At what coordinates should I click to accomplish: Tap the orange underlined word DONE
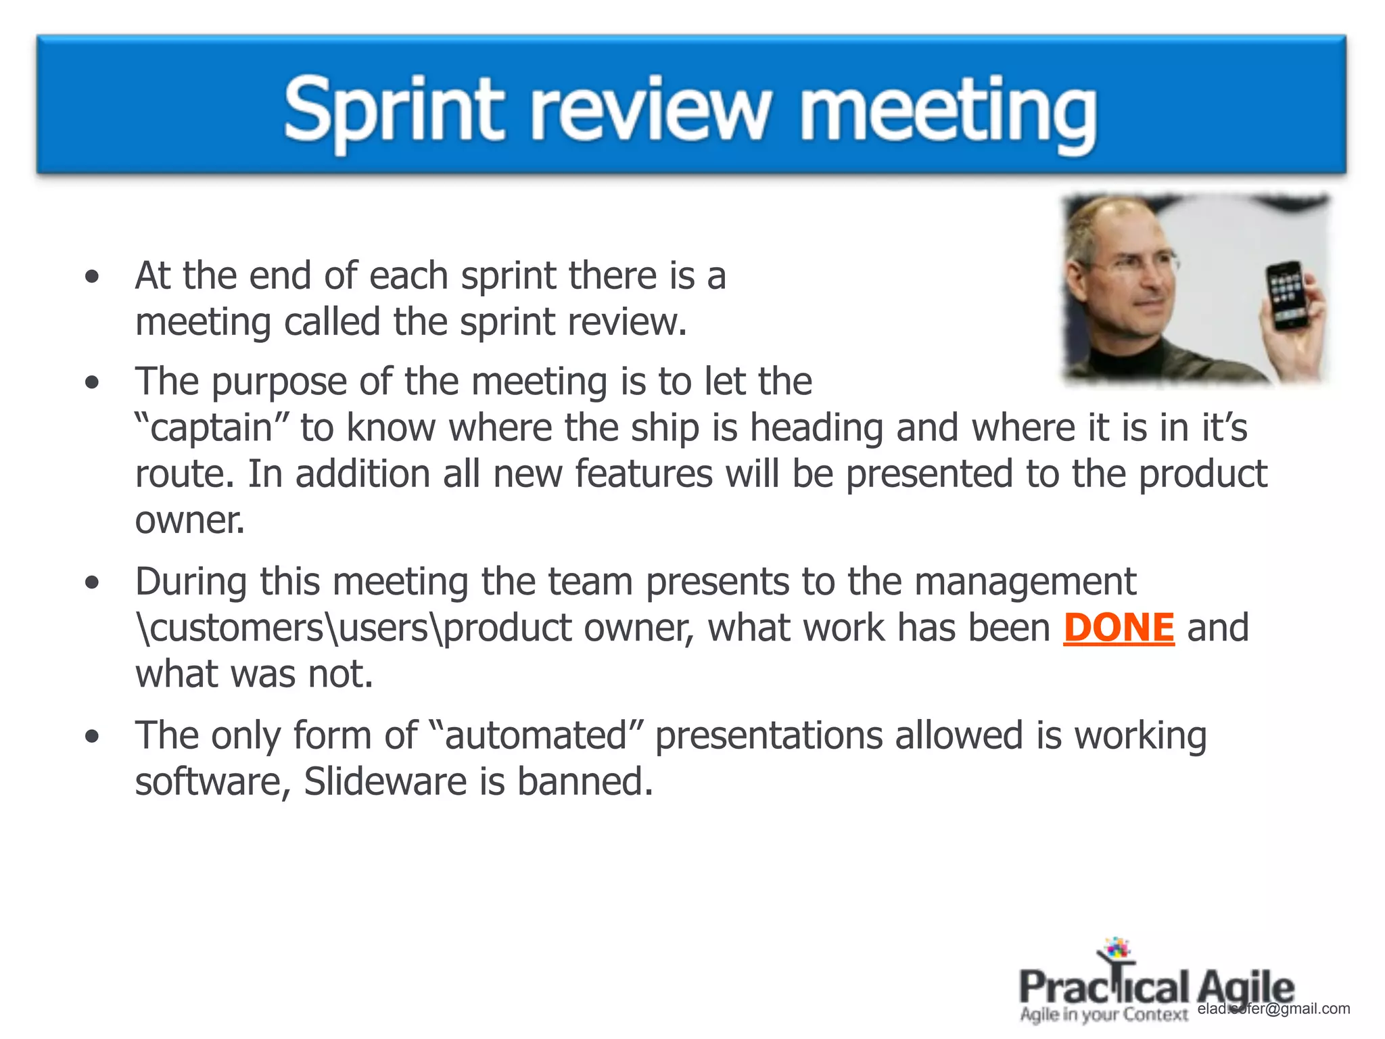[1119, 628]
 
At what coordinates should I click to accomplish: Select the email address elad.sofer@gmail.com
[1273, 1009]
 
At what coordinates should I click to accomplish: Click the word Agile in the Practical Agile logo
[1246, 988]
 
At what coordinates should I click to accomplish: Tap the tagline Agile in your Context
[1104, 1014]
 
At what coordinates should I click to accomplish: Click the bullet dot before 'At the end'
[92, 277]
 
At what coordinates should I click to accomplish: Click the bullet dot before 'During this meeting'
[92, 582]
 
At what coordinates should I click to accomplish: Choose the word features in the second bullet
[644, 474]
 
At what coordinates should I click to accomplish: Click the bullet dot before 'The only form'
[92, 736]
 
